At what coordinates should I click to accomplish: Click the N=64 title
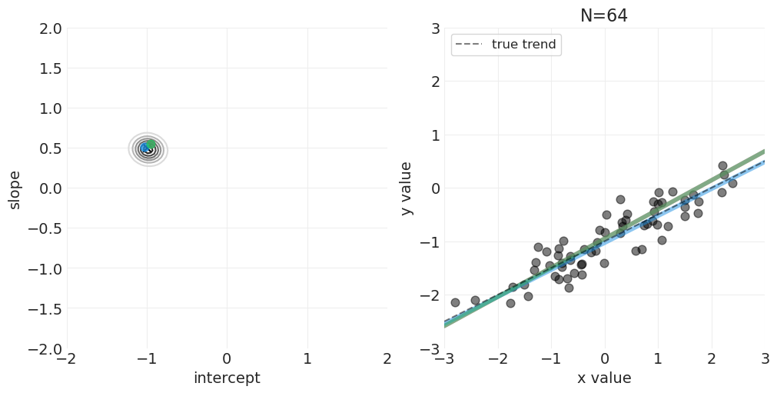[603, 15]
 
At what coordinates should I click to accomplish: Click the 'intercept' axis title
[227, 378]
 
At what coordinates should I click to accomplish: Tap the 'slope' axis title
[15, 189]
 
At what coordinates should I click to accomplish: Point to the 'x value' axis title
[604, 378]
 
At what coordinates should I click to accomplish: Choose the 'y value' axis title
[407, 189]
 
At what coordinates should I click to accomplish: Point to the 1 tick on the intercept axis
[307, 359]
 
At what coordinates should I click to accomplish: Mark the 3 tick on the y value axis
[434, 28]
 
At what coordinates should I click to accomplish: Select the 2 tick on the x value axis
[711, 359]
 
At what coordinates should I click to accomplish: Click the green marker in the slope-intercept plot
[151, 144]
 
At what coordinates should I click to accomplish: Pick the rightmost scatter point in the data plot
[732, 183]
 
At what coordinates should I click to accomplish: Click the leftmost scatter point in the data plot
[455, 302]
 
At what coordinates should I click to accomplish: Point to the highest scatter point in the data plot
[722, 165]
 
